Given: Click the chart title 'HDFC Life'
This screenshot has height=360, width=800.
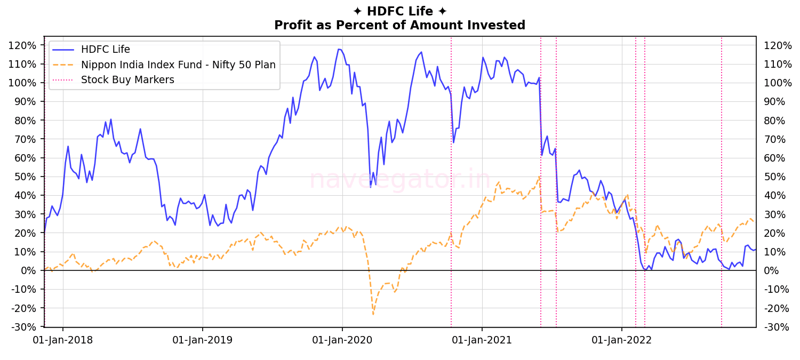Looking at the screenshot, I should click(x=399, y=11).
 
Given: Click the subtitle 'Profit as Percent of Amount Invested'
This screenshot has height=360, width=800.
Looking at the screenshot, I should click(x=399, y=25).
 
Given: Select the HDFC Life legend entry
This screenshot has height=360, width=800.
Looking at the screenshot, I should click(x=106, y=50).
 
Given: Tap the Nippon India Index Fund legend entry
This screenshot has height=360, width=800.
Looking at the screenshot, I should click(x=178, y=65).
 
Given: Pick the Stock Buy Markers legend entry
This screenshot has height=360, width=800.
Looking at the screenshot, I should click(x=127, y=80).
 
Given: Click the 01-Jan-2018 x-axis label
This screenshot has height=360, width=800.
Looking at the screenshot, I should click(x=63, y=340).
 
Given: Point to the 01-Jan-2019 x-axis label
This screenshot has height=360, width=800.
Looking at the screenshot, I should click(x=203, y=340).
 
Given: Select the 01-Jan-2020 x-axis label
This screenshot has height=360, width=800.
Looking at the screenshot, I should click(x=342, y=340).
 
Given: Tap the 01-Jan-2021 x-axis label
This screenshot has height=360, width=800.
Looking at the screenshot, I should click(x=482, y=340).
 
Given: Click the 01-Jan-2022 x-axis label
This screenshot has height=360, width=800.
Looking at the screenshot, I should click(x=622, y=340).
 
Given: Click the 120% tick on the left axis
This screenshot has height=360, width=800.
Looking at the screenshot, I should click(x=23, y=45).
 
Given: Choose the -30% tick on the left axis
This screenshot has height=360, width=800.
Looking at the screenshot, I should click(x=25, y=327).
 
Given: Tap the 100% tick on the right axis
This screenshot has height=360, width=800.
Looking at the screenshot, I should click(x=778, y=83).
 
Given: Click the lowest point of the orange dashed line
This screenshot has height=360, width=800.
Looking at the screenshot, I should click(x=373, y=314).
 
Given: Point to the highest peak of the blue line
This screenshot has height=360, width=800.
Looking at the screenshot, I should click(x=338, y=49).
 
